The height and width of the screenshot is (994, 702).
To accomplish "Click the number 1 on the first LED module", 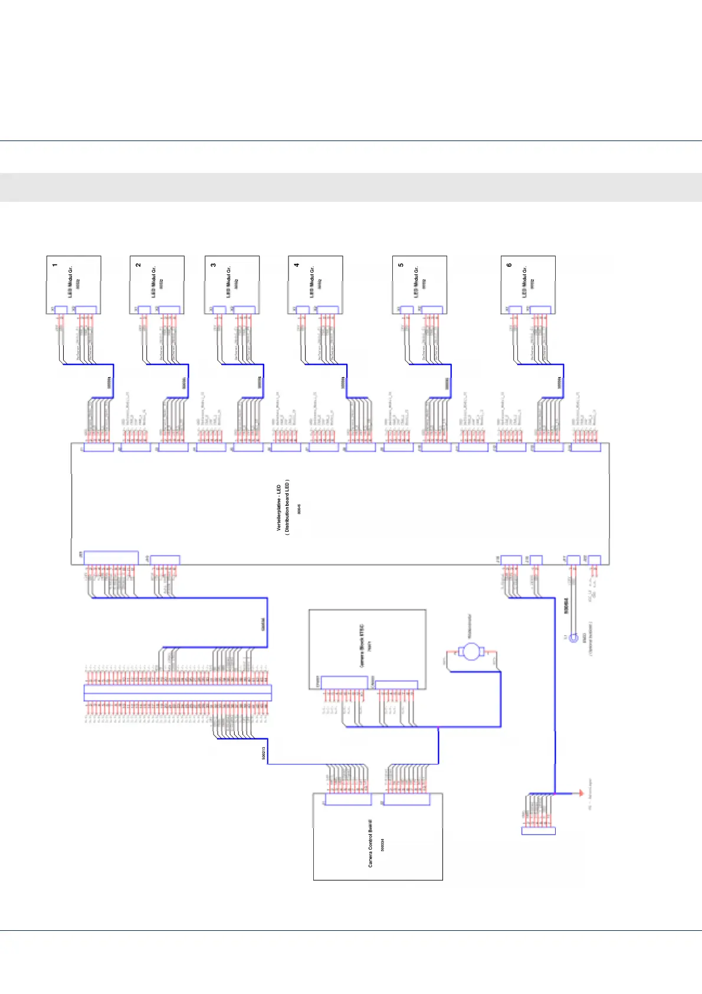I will [55, 265].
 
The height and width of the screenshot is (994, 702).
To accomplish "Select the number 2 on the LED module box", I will [138, 265].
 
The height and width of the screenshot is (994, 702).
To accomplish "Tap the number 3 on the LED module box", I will [213, 265].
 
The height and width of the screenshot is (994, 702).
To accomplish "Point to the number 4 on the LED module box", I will [297, 265].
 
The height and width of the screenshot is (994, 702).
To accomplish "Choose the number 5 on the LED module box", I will [401, 265].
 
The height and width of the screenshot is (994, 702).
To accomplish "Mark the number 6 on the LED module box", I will [509, 265].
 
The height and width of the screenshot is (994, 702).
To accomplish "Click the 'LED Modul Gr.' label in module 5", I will [416, 282].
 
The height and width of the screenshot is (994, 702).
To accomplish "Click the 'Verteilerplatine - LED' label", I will [279, 508].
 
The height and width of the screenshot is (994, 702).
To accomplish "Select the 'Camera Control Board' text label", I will [370, 843].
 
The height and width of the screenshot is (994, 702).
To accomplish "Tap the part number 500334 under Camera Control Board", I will [382, 845].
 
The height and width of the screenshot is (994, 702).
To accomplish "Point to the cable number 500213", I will [264, 753].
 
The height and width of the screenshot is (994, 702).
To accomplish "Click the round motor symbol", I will [470, 652].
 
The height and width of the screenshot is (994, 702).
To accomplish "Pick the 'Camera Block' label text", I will [362, 646].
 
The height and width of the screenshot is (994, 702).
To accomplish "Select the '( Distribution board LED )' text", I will [287, 507].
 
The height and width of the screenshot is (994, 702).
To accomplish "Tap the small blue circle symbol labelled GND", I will [573, 638].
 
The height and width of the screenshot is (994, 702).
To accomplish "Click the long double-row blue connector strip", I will [178, 692].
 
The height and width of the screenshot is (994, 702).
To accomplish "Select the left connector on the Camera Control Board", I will [348, 800].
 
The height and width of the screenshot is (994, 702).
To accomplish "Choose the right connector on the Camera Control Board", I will [406, 800].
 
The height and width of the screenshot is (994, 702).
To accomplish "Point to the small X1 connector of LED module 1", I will [61, 309].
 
